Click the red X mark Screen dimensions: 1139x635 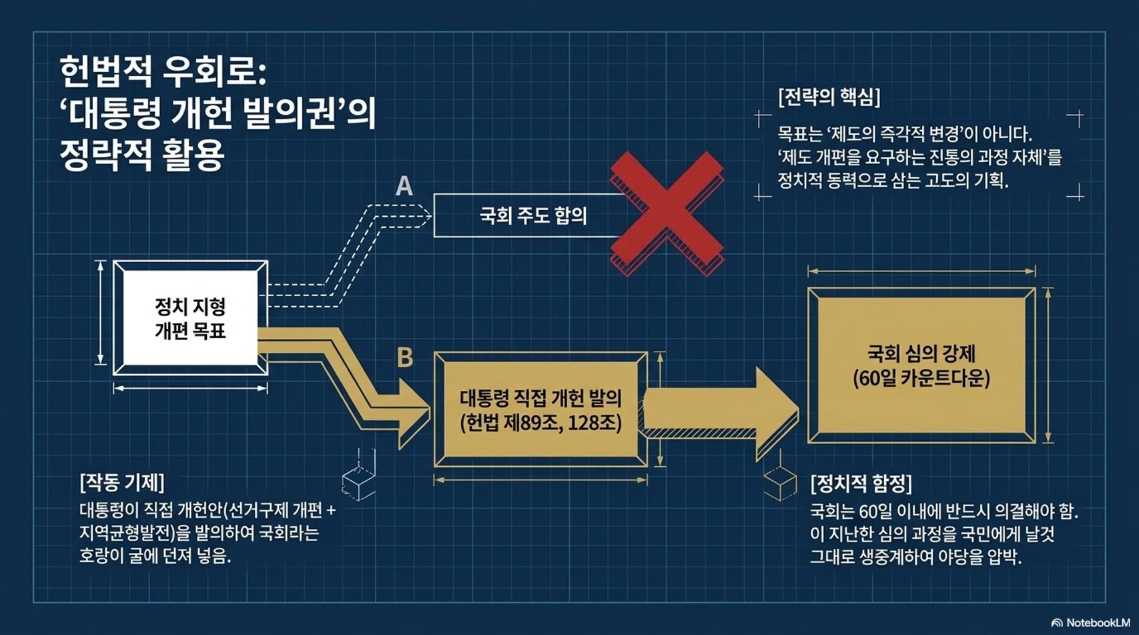[x=667, y=213]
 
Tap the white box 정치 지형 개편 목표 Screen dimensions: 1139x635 [x=190, y=317]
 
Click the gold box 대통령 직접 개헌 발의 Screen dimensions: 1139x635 [x=540, y=410]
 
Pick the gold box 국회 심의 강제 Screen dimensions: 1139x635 [x=921, y=366]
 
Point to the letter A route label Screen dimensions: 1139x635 [x=404, y=186]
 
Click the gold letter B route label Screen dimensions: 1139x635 [x=405, y=357]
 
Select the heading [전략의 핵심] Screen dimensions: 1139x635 [x=829, y=97]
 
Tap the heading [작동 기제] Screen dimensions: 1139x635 [x=122, y=482]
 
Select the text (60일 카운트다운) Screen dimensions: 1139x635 [x=921, y=378]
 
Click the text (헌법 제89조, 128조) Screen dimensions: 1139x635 [x=540, y=423]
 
